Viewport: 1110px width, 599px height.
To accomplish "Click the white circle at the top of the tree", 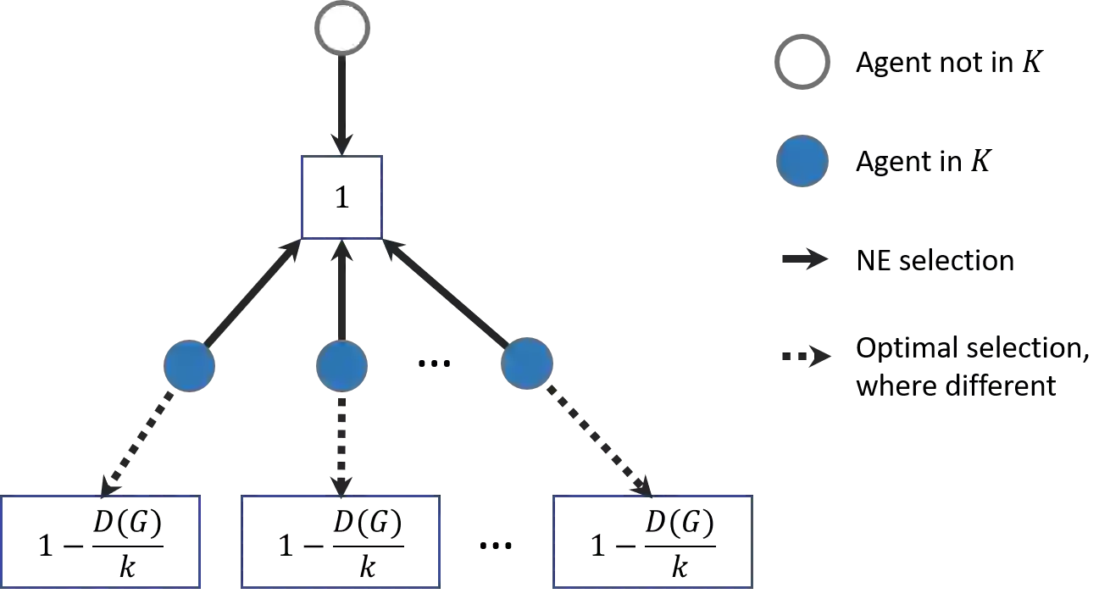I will (x=342, y=28).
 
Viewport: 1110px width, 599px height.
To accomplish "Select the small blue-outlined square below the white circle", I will (x=342, y=196).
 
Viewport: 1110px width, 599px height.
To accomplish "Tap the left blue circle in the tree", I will (x=189, y=366).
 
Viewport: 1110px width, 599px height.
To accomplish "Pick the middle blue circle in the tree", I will (x=341, y=366).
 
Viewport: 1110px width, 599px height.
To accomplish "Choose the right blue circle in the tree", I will (x=527, y=365).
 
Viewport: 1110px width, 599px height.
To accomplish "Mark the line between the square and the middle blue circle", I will (x=341, y=292).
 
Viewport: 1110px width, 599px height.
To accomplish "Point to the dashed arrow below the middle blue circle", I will (x=341, y=445).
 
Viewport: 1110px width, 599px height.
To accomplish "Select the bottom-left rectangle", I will (x=103, y=542).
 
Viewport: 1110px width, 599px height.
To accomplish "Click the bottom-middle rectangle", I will (x=339, y=542).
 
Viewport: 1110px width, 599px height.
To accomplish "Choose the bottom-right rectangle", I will (x=652, y=542).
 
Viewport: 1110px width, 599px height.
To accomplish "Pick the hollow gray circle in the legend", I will (x=802, y=64).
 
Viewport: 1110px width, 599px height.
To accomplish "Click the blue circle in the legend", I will (x=802, y=161).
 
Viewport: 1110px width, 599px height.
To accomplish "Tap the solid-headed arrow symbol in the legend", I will (x=806, y=259).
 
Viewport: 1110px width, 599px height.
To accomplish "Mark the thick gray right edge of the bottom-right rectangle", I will (x=753, y=542).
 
